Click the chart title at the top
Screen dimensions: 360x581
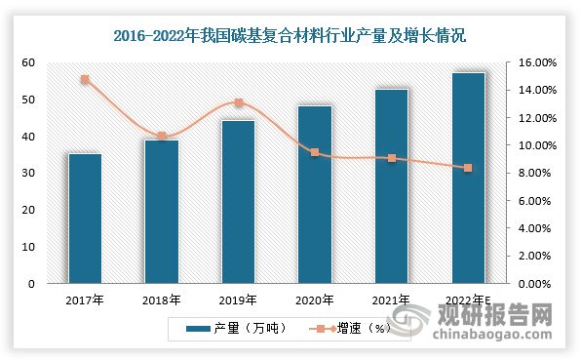pos(290,37)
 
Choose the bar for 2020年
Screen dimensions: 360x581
pos(315,194)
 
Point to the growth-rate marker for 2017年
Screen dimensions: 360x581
pos(85,79)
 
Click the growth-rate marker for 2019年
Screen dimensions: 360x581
pos(239,102)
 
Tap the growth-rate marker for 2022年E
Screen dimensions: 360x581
pos(468,168)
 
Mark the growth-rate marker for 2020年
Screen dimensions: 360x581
pos(315,152)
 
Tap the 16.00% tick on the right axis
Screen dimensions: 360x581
pos(534,62)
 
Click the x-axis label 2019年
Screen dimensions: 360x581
pos(239,300)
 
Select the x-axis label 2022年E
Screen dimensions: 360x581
pos(468,300)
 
